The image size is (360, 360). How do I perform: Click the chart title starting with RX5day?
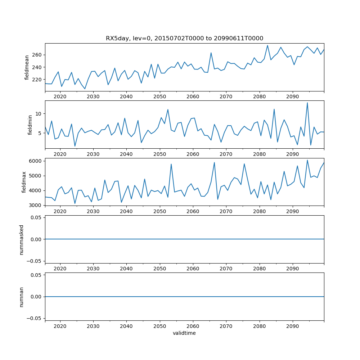tap(184, 39)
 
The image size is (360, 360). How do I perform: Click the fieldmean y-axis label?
tap(27, 67)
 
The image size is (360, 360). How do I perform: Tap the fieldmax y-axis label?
tap(24, 182)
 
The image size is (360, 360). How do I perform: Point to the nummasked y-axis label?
tap(21, 239)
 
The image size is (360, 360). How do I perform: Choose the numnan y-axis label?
tap(21, 297)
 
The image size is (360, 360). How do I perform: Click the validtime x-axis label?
tap(184, 333)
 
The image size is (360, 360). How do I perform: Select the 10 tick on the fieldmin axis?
tap(39, 114)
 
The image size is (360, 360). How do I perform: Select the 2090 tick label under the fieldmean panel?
tap(292, 97)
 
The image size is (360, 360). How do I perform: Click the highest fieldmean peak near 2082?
tap(267, 45)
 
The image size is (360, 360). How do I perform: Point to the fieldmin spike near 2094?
tap(307, 103)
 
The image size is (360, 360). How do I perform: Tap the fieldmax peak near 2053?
tap(171, 164)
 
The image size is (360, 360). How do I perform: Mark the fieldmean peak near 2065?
tap(211, 53)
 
